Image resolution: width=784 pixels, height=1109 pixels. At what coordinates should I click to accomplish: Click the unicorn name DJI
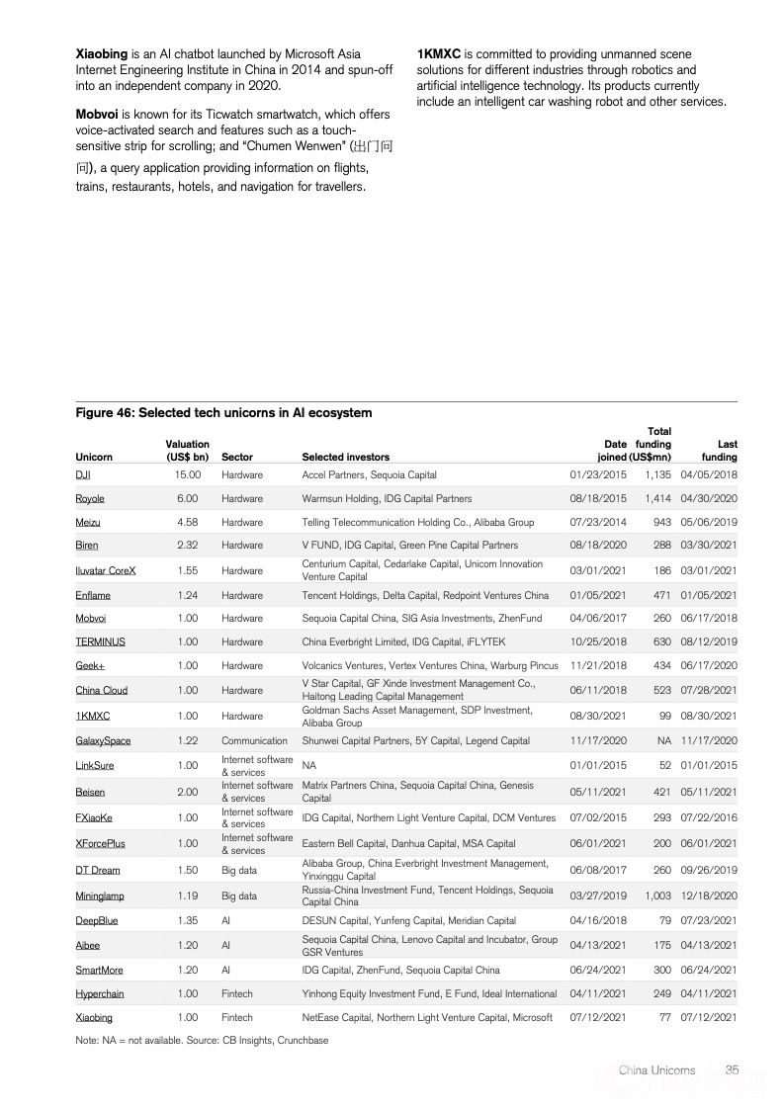(83, 474)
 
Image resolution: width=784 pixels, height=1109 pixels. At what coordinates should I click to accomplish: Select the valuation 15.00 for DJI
(188, 474)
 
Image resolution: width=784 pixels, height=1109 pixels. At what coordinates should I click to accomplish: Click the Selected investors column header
(345, 457)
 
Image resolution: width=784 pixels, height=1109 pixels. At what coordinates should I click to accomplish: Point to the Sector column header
(237, 457)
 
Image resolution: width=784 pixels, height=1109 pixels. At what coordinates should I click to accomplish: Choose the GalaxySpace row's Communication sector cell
(254, 741)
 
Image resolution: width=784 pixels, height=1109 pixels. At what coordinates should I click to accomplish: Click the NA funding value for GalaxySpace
(663, 741)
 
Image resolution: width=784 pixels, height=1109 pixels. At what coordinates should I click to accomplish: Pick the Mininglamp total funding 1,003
(657, 896)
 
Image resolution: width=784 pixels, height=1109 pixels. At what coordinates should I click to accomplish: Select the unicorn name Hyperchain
(100, 993)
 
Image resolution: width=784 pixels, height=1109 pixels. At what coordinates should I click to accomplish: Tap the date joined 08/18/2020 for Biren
(598, 545)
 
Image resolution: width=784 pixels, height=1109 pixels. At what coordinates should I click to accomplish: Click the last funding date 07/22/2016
(709, 818)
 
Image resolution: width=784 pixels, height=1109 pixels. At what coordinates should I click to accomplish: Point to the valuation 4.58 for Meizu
(188, 522)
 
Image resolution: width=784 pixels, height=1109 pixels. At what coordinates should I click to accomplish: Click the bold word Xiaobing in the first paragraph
(101, 53)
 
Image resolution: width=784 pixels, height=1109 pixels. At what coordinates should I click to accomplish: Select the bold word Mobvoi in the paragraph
(97, 114)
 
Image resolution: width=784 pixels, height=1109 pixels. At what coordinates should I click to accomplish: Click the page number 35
(733, 1069)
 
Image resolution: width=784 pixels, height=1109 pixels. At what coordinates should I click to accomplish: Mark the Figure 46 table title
(223, 412)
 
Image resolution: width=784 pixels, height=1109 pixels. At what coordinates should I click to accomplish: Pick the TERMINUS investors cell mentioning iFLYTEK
(403, 641)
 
